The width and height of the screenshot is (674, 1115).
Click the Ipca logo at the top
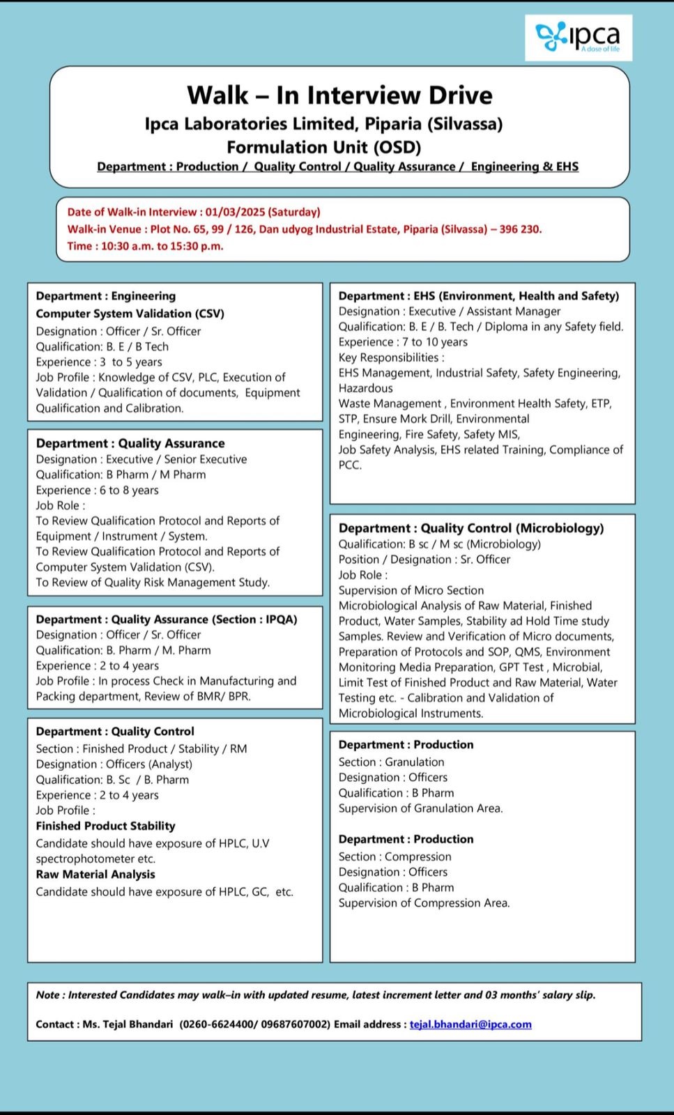click(x=578, y=38)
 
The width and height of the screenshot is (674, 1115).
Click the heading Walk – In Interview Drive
click(x=339, y=95)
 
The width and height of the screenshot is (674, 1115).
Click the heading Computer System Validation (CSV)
click(x=130, y=314)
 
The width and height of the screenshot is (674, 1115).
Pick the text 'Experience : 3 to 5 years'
click(x=99, y=362)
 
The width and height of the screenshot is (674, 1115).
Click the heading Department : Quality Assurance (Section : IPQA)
click(x=167, y=619)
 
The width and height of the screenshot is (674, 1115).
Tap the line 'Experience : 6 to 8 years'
click(x=98, y=490)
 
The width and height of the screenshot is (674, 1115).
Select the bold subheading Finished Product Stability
click(x=106, y=826)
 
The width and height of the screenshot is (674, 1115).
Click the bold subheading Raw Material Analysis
click(x=95, y=874)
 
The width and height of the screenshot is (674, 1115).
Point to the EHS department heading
click(x=479, y=295)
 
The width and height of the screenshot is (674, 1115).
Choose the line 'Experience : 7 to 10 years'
click(x=403, y=342)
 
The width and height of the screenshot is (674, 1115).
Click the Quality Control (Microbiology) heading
click(x=471, y=528)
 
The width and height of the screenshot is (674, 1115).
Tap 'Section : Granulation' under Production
click(x=391, y=762)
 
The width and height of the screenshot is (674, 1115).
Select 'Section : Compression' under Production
click(x=395, y=856)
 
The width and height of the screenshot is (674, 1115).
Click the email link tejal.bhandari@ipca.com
click(x=470, y=1024)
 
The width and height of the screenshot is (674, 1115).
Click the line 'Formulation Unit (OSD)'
click(x=324, y=147)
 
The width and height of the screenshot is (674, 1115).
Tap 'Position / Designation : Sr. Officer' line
click(x=424, y=560)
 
